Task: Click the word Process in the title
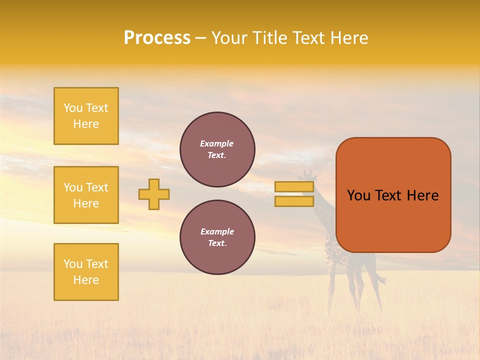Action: coord(157,38)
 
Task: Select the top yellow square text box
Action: coord(86,116)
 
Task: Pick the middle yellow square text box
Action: coord(86,195)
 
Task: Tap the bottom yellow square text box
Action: coord(86,272)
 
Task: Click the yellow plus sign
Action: coord(154,194)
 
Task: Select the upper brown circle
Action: coord(217,149)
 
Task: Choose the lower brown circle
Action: coord(217,237)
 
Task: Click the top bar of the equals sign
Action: coord(294,187)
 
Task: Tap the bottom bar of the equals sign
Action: coord(294,201)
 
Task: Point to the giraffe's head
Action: coord(306,175)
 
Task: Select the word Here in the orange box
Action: coord(422,195)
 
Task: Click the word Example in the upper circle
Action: coord(217,143)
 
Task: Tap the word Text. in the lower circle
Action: coord(217,243)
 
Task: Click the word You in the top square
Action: coord(73,108)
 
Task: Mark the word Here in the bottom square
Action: coord(86,280)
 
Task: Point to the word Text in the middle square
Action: coord(96,187)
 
